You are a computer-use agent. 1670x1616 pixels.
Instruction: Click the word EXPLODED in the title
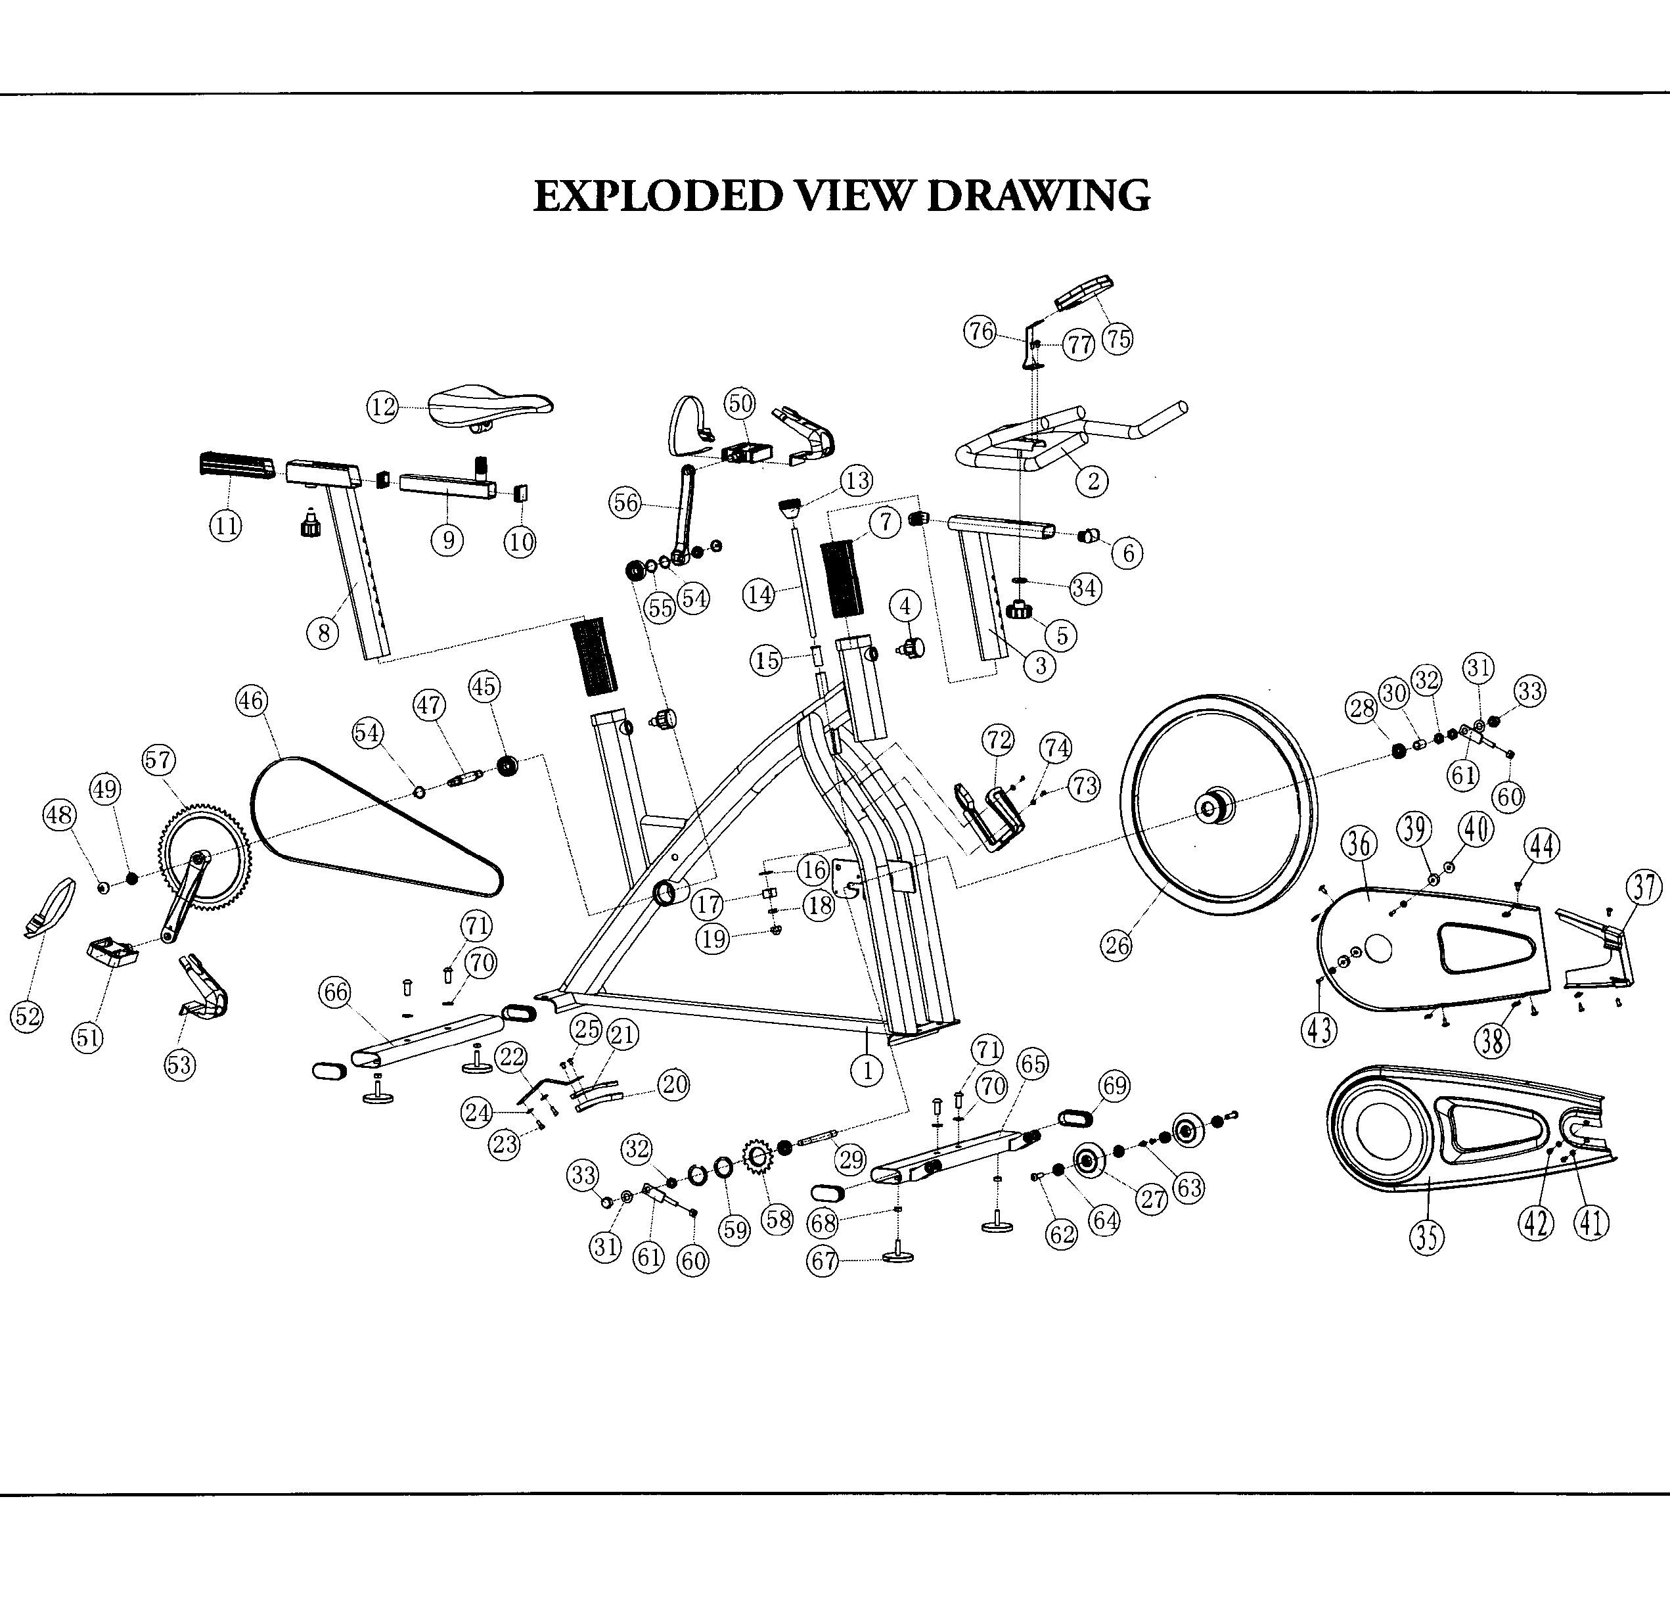point(657,196)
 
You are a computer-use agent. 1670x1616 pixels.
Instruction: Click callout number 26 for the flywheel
point(1117,944)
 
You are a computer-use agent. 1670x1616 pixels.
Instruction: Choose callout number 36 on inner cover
point(1359,844)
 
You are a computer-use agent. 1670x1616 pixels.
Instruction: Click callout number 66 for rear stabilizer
point(335,991)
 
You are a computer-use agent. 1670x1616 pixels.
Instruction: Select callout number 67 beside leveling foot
point(823,1261)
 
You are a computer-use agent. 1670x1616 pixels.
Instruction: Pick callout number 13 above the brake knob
point(856,480)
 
